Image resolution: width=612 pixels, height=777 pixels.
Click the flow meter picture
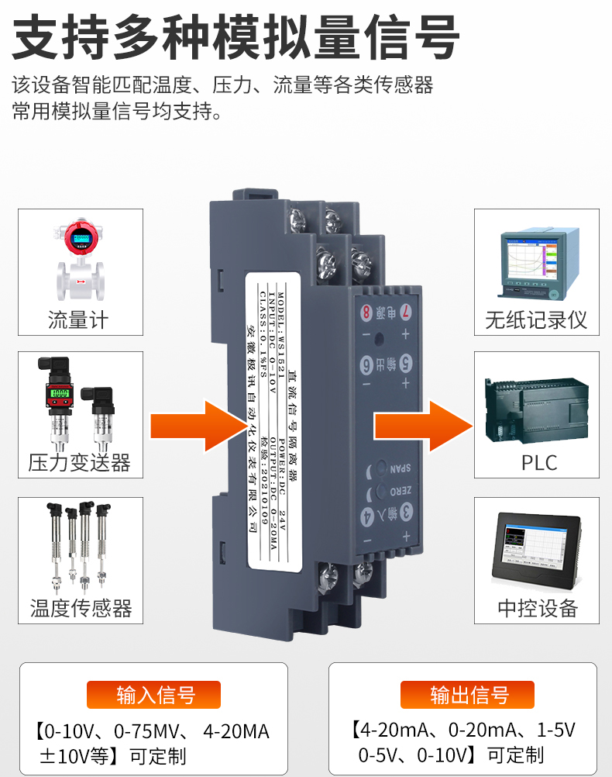(x=78, y=259)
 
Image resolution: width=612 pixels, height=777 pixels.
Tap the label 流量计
(x=78, y=319)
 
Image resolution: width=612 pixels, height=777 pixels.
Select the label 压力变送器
(x=78, y=463)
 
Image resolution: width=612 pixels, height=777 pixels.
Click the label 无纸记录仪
(x=536, y=319)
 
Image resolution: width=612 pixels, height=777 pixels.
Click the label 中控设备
(x=538, y=608)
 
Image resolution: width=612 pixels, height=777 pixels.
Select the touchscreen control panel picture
(x=538, y=547)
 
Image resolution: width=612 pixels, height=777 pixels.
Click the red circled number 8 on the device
(x=366, y=313)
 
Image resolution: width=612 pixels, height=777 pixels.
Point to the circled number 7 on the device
(x=406, y=314)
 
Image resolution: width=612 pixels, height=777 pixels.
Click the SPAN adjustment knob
(x=381, y=468)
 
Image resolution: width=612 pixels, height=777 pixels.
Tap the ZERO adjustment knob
(x=381, y=491)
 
